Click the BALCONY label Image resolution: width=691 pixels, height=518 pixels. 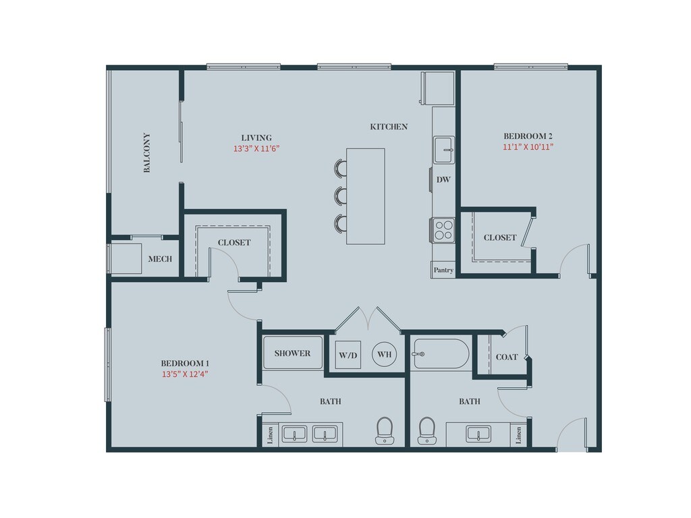147,152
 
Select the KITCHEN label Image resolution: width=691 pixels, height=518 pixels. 389,126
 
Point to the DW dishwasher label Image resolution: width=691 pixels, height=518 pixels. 443,179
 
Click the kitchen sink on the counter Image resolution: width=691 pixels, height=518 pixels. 443,149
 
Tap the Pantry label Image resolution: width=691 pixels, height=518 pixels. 443,270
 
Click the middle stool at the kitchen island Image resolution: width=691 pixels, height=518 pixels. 341,196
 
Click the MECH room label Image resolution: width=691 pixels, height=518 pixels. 160,259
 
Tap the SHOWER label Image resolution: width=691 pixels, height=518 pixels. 292,353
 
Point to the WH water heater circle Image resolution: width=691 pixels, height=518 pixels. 384,354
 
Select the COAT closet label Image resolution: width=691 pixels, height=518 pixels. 507,357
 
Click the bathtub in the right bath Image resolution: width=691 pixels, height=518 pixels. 441,353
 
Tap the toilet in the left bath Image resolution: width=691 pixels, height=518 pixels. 384,430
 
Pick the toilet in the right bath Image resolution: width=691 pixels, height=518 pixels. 426,430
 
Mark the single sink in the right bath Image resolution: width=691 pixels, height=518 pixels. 479,434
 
